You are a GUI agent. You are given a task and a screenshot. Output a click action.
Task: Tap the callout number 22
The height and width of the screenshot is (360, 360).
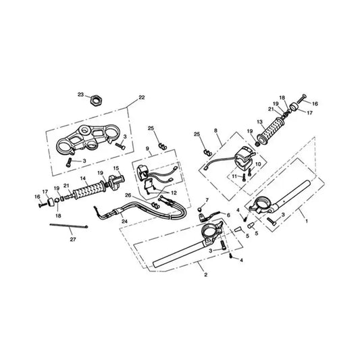point(142,97)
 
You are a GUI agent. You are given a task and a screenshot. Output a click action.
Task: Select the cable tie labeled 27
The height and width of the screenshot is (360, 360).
point(69,226)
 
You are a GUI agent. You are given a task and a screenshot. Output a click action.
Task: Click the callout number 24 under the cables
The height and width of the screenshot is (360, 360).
point(125,222)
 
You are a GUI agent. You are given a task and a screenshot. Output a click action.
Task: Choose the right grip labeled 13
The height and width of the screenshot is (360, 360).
point(272,131)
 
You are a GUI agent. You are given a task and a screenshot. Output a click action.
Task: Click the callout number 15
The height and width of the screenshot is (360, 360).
point(116,169)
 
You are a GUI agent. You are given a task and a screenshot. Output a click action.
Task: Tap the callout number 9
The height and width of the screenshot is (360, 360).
point(147,149)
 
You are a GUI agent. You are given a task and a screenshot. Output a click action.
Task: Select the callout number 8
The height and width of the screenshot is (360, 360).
point(215,130)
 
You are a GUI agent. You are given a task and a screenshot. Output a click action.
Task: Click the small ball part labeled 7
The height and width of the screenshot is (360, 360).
point(200,209)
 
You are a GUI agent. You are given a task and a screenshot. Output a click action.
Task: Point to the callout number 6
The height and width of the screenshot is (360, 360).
point(228,215)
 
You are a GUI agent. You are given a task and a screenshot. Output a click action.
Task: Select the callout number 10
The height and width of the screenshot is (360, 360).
point(258,164)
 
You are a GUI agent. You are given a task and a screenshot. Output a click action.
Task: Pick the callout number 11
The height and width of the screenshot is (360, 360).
point(234,176)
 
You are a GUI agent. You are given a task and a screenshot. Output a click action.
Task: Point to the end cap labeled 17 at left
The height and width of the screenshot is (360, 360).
point(50,202)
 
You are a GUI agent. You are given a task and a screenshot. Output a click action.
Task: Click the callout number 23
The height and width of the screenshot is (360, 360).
point(80,95)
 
